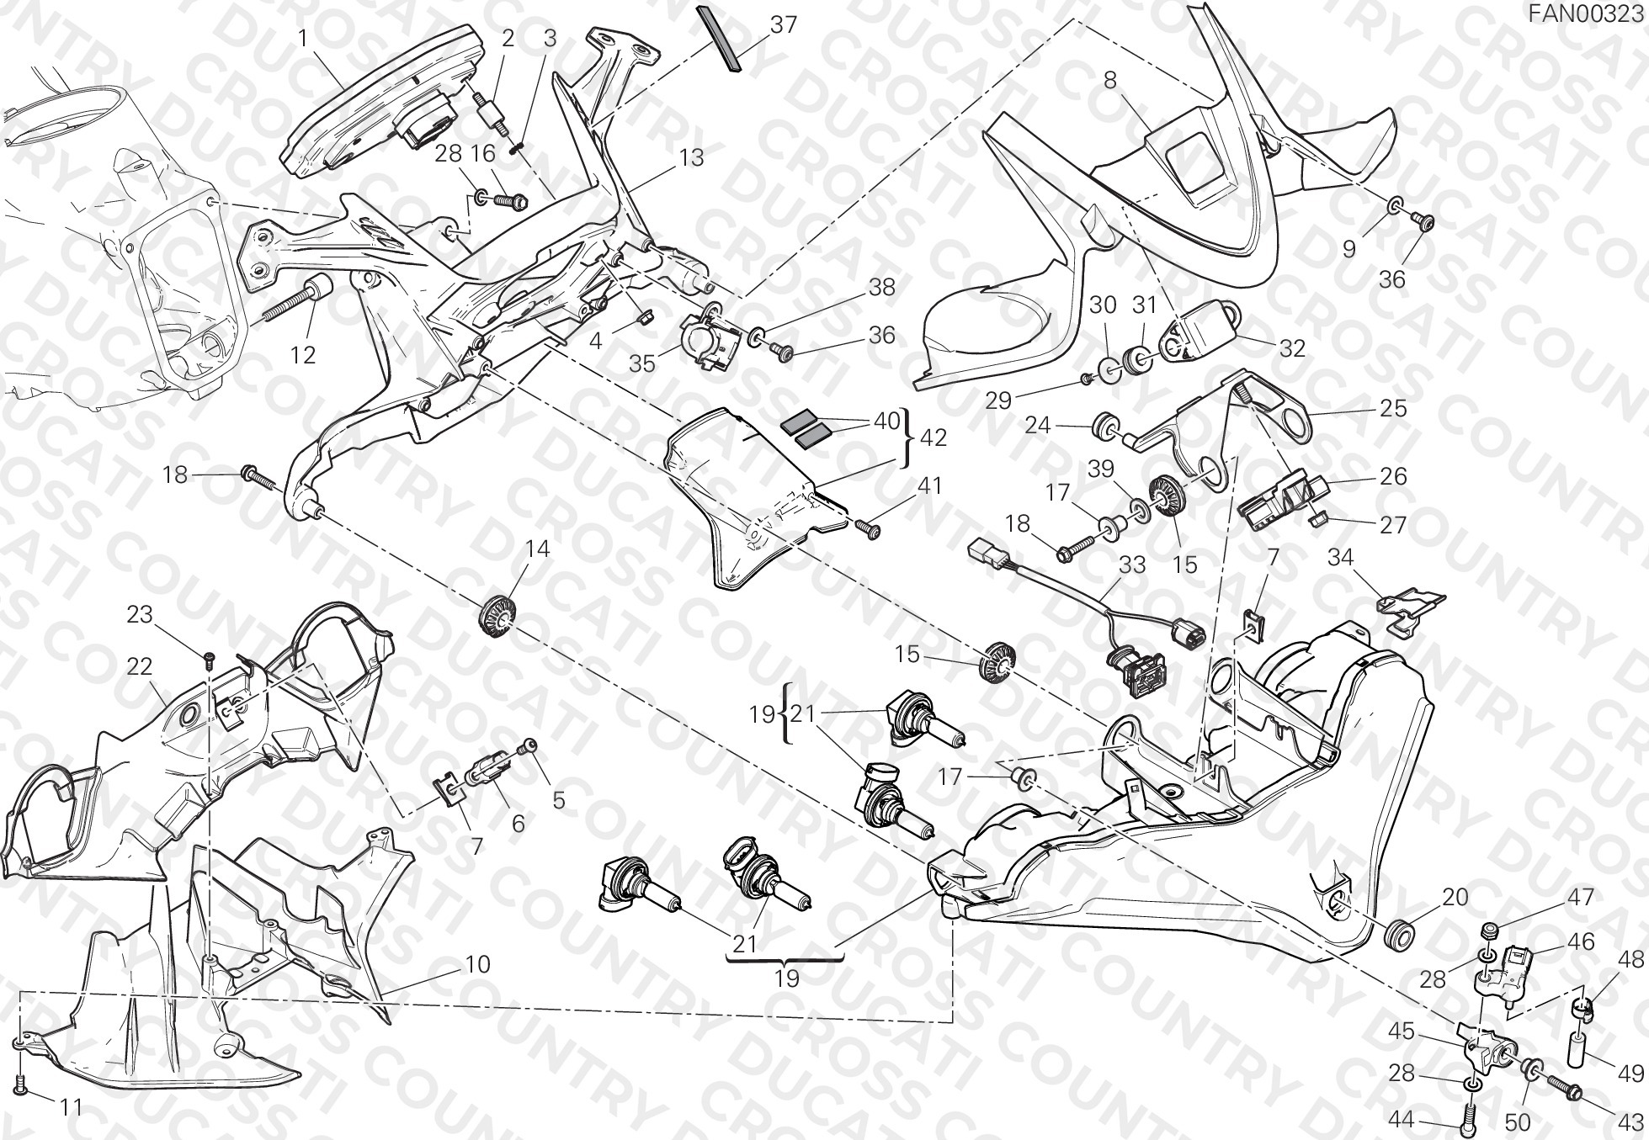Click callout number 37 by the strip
[x=783, y=24]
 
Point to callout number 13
[x=691, y=157]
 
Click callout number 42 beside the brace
[x=934, y=437]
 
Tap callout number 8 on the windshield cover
[x=1110, y=81]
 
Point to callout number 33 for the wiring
[x=1132, y=565]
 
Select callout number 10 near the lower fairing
[x=477, y=964]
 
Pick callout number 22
[x=139, y=666]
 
